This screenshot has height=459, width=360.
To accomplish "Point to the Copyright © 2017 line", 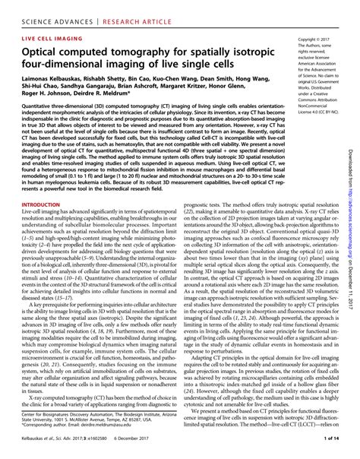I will click(317, 37).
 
